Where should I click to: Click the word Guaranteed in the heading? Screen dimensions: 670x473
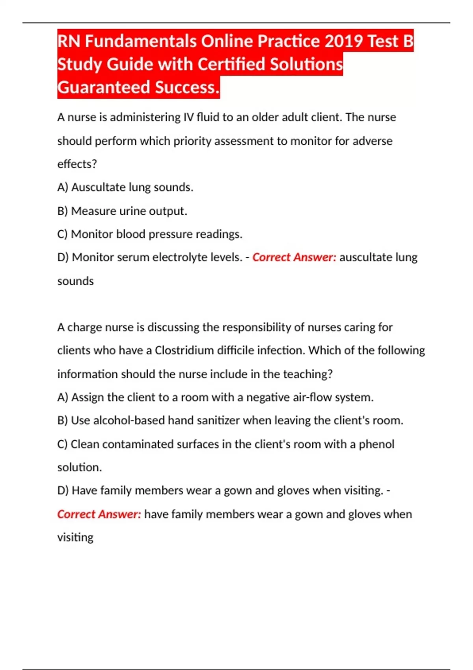click(x=104, y=87)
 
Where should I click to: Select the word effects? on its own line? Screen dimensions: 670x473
click(x=77, y=164)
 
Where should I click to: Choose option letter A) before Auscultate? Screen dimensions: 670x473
click(x=63, y=187)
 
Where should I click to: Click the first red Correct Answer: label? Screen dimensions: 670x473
click(x=294, y=257)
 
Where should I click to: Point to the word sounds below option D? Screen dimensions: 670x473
click(x=75, y=281)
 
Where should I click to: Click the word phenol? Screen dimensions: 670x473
click(x=376, y=444)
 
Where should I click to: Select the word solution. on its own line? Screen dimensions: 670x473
click(x=80, y=467)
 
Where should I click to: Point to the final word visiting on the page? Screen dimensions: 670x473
click(x=75, y=537)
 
